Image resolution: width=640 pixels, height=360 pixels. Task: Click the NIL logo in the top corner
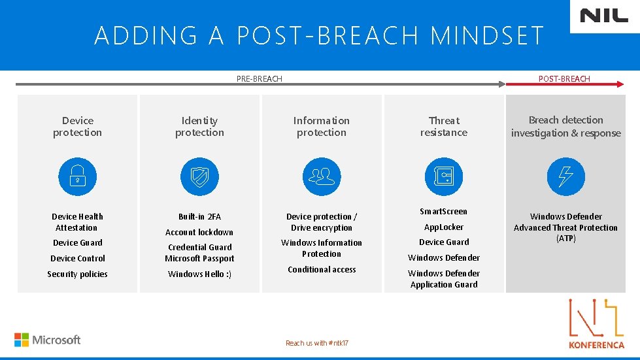tap(603, 16)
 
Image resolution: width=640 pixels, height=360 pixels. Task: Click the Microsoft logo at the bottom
tap(48, 340)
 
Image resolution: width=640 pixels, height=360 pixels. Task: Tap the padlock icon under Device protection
tap(77, 176)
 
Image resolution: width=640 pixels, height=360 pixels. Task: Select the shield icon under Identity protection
tap(199, 176)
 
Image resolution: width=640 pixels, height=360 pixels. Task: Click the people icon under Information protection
tap(321, 176)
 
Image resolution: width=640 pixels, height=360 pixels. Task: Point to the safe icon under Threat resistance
tap(444, 176)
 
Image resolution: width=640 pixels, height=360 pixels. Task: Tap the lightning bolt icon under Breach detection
tap(565, 176)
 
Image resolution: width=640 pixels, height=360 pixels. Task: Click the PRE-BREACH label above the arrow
tap(259, 79)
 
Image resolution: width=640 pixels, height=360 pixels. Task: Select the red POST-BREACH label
tap(564, 79)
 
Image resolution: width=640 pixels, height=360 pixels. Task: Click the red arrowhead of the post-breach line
tap(620, 84)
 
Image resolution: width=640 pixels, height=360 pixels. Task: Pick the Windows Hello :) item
tap(199, 274)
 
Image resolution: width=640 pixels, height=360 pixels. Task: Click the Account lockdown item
tap(199, 232)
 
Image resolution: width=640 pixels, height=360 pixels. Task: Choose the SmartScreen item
tap(444, 212)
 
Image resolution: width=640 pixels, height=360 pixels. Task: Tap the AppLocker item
tap(444, 227)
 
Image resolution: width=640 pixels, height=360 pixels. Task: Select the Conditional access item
tap(322, 269)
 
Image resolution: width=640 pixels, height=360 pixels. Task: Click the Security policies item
tap(77, 274)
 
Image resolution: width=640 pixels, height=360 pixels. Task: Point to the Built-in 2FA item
tap(199, 216)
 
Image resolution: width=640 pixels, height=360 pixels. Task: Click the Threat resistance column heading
tap(444, 126)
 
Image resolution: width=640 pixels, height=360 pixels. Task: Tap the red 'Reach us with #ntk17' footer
tap(316, 343)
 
